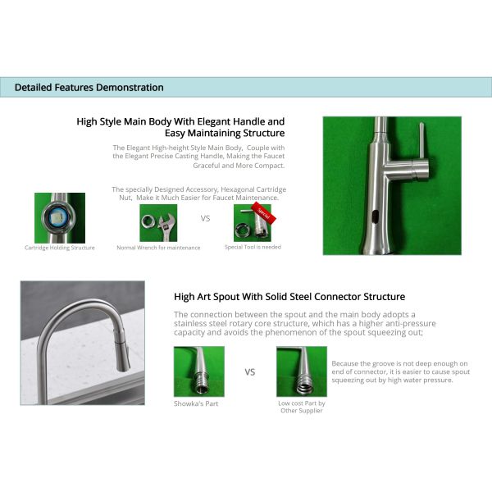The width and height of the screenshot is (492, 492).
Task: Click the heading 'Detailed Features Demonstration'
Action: point(89,88)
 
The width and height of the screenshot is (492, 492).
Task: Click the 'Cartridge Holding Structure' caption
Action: point(59,248)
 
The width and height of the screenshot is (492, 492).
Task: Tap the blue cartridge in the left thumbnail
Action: point(59,218)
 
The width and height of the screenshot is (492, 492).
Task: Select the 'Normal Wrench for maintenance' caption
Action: point(158,248)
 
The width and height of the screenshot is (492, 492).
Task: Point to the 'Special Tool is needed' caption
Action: point(253,247)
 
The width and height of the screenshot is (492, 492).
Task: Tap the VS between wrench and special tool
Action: point(206,219)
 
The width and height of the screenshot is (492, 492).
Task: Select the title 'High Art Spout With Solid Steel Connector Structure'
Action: point(289,297)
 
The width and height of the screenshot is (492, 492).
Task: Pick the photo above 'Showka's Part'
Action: point(198,371)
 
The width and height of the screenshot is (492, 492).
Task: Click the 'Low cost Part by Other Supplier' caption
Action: point(301,407)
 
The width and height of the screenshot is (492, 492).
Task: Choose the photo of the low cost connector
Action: point(301,371)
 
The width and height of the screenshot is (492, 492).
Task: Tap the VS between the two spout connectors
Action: point(250,371)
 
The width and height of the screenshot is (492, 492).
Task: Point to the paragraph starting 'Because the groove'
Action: point(399,371)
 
